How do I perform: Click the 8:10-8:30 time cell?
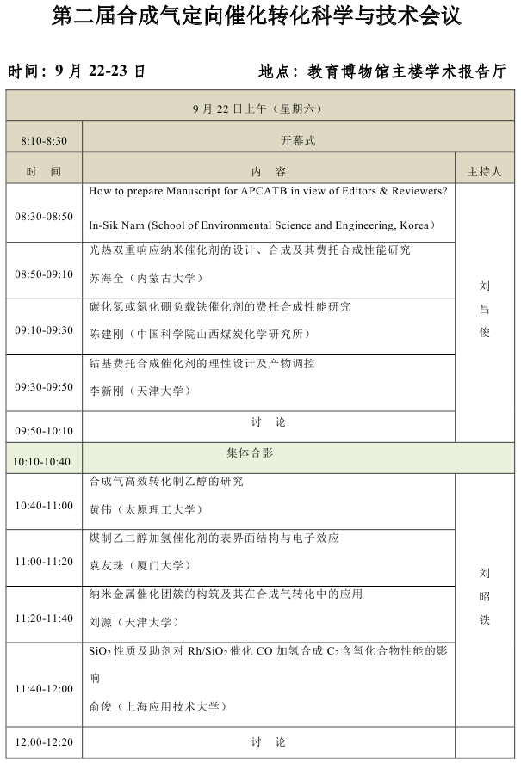pos(44,141)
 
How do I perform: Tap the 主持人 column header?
pos(484,172)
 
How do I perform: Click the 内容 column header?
pos(269,172)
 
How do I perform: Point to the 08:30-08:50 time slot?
pos(44,217)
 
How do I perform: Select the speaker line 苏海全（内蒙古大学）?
pos(146,278)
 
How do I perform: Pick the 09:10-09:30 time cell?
pos(44,330)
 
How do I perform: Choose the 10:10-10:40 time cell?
pos(41,462)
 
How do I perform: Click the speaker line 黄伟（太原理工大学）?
pos(146,509)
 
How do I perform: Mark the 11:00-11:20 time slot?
pos(44,562)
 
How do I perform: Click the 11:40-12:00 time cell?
pos(44,689)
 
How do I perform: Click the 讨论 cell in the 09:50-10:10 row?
pos(269,422)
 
